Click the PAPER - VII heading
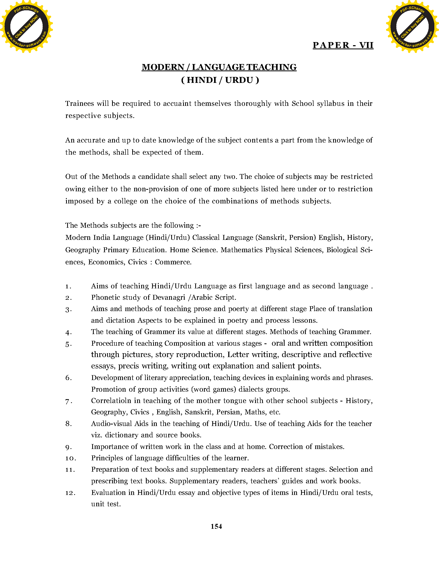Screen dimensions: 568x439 click(x=343, y=45)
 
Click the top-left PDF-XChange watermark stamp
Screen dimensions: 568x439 click(x=26, y=26)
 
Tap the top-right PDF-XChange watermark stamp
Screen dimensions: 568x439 click(x=412, y=26)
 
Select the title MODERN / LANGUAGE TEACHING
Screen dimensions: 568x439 click(x=219, y=67)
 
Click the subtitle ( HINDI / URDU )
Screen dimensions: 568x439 click(x=220, y=80)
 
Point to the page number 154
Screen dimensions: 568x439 click(x=216, y=526)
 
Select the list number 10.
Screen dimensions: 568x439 click(x=70, y=458)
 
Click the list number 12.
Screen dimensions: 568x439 click(x=70, y=493)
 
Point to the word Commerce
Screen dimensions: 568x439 click(x=173, y=262)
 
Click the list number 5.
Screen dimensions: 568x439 click(x=68, y=344)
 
